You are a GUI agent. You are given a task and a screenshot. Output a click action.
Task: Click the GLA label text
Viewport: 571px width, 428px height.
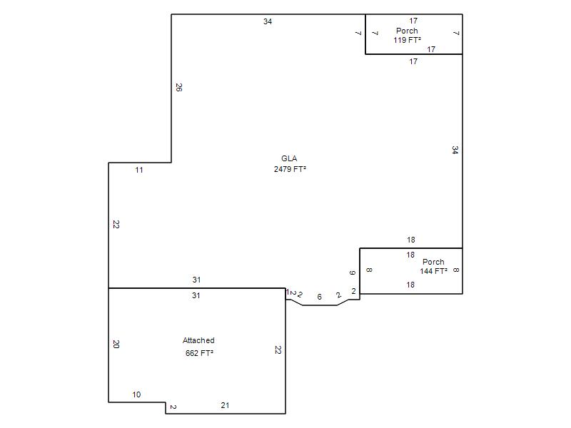(x=289, y=158)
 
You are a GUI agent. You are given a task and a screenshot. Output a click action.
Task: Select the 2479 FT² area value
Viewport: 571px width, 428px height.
(x=290, y=169)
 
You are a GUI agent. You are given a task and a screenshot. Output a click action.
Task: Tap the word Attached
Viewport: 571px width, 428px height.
(x=198, y=340)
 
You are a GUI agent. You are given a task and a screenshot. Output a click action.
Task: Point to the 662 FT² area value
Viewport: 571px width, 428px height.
(x=199, y=353)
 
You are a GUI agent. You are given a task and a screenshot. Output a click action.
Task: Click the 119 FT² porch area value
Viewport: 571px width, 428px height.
(x=407, y=40)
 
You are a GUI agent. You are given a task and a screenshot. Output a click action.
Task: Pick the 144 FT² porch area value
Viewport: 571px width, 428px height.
(x=433, y=271)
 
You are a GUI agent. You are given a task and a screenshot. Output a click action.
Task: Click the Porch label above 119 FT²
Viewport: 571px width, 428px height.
(x=407, y=31)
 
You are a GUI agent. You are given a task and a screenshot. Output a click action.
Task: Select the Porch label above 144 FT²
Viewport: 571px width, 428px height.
(x=433, y=262)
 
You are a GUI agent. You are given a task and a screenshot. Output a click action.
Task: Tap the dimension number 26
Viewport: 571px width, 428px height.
(x=179, y=87)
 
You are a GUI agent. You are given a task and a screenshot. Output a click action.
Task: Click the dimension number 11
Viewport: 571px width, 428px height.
(x=139, y=170)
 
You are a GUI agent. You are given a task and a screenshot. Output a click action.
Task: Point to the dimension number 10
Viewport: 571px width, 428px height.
(x=136, y=394)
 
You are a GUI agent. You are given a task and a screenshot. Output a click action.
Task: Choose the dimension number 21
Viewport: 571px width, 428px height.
(x=225, y=405)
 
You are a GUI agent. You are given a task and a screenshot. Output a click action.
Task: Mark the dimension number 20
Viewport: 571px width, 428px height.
(x=116, y=344)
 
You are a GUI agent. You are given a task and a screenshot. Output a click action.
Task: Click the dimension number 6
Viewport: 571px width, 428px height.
(x=319, y=297)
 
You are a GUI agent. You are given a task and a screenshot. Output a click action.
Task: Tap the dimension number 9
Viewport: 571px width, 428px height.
(x=352, y=272)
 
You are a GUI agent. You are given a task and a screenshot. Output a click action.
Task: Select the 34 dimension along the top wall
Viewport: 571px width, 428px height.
(x=268, y=21)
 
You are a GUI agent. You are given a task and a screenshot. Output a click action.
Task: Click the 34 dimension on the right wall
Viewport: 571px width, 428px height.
(x=455, y=150)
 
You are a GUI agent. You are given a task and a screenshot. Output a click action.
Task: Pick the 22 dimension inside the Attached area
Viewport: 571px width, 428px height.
(x=278, y=350)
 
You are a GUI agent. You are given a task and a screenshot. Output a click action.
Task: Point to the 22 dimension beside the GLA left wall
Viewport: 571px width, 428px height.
(x=116, y=225)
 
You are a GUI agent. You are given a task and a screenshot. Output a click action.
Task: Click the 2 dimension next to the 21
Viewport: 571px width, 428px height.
(x=173, y=407)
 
